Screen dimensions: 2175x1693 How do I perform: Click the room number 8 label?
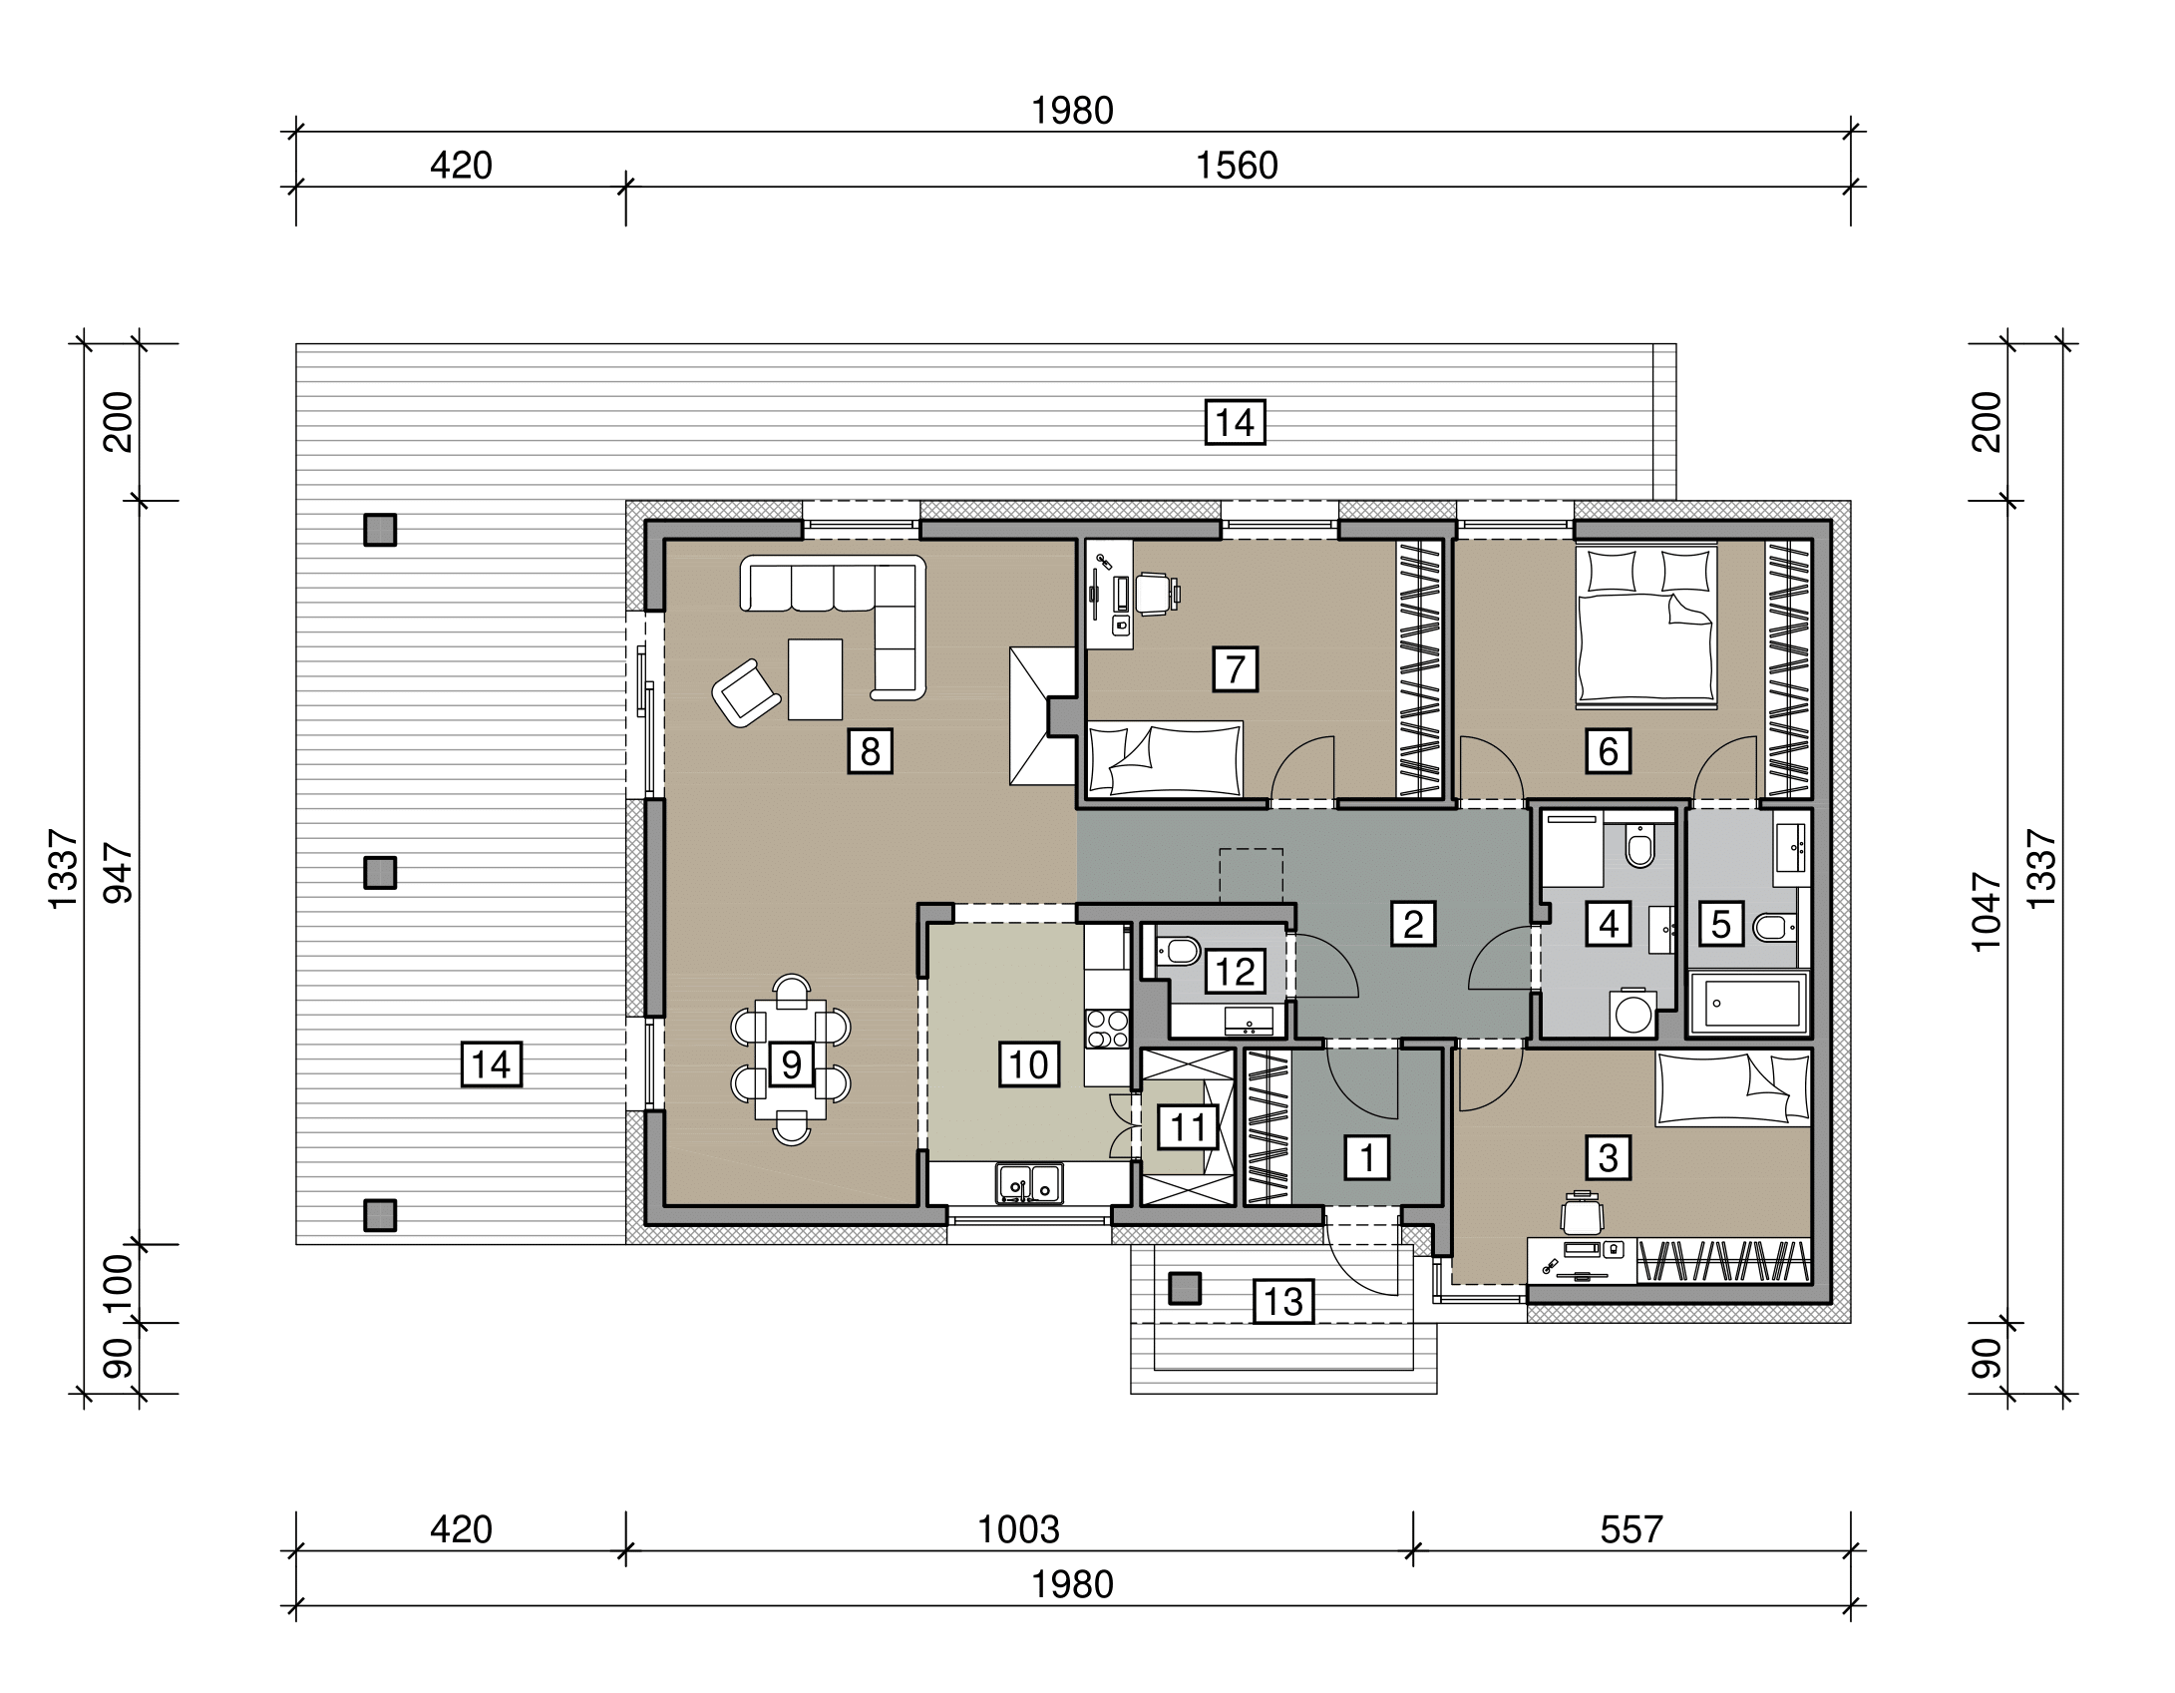pos(870,750)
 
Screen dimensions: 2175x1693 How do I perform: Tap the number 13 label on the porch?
pos(1283,1301)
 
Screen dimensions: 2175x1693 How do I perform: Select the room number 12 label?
pos(1236,971)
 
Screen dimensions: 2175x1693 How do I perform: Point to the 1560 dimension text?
pos(1237,165)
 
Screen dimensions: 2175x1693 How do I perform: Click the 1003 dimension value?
pos(1017,1528)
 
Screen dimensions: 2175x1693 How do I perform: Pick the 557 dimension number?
pos(1631,1528)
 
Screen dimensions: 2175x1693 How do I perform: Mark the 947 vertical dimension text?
pos(118,874)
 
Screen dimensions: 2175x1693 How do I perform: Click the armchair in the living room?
pos(746,692)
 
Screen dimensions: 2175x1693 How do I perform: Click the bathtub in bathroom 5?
pos(1749,1002)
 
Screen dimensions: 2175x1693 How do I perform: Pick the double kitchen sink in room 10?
pos(1029,1183)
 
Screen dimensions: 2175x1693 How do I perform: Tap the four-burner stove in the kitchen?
pos(1107,1029)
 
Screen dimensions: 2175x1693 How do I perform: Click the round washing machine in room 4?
pos(1633,1014)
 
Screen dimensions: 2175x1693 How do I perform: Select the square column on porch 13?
pos(1185,1288)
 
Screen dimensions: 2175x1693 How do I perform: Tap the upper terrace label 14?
pos(1236,423)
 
